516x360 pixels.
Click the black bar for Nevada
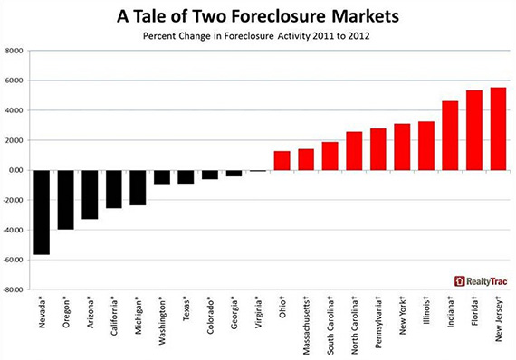tap(42, 213)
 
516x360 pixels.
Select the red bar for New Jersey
tap(498, 128)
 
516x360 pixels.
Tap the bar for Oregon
tap(66, 200)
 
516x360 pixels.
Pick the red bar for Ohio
tap(282, 161)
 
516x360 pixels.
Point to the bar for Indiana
tap(450, 136)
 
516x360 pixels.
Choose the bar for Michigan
tap(138, 188)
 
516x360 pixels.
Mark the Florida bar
tap(474, 130)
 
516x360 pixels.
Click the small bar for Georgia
tap(234, 174)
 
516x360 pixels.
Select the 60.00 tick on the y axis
tap(14, 81)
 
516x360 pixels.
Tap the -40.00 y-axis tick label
tap(13, 230)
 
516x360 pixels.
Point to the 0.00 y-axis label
tap(15, 170)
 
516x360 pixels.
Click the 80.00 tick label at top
tap(14, 51)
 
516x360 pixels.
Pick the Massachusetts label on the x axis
tap(306, 327)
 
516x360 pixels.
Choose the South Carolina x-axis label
tap(330, 327)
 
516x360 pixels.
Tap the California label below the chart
tap(114, 317)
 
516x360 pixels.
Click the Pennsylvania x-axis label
tap(378, 323)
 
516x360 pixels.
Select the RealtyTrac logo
tap(481, 281)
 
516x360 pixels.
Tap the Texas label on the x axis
tap(186, 309)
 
